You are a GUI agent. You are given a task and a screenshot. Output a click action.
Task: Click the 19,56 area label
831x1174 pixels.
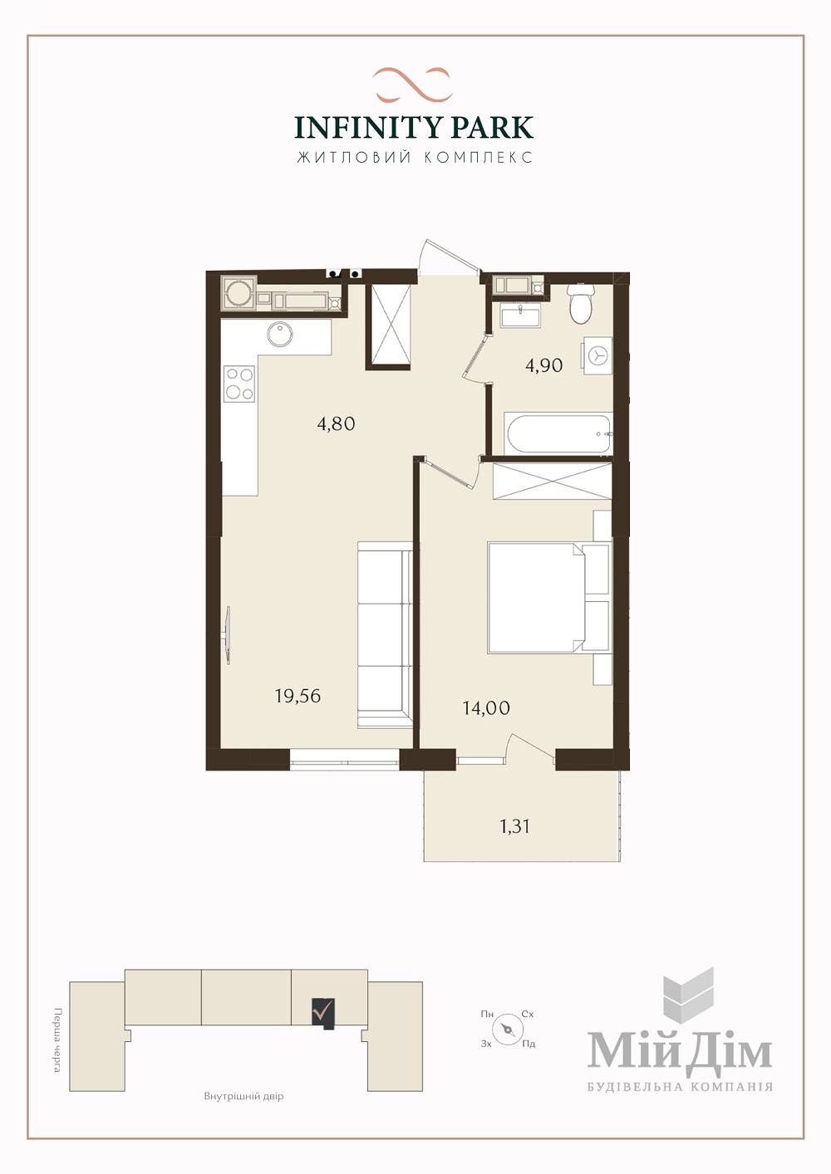click(297, 696)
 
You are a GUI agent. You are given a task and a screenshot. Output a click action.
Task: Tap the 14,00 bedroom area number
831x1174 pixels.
click(486, 708)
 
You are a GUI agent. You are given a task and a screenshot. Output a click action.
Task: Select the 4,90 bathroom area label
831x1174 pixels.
click(544, 364)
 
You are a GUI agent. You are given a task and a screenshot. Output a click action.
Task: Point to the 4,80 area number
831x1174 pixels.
click(337, 423)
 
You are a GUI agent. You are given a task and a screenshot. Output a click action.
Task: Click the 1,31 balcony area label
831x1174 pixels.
click(514, 826)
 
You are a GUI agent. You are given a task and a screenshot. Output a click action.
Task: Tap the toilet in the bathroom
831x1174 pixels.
click(580, 303)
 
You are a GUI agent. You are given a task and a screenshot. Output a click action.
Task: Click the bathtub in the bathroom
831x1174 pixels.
click(558, 433)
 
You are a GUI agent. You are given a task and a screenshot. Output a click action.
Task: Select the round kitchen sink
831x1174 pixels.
click(280, 335)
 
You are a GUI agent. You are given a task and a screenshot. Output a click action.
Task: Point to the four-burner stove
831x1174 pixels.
click(239, 384)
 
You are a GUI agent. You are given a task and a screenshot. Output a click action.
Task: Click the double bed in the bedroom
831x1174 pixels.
click(549, 598)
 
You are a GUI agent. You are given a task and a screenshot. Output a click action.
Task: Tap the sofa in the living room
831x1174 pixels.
click(385, 634)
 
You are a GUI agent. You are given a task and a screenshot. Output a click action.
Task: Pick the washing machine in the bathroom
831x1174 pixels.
click(597, 356)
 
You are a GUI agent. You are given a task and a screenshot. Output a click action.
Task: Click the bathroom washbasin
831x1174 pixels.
click(520, 316)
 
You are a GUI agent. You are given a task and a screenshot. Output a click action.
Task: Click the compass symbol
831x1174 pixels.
click(508, 1029)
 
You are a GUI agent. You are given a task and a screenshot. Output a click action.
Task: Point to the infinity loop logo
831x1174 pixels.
click(412, 85)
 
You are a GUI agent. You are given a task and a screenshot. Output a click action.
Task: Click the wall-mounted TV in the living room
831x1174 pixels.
click(229, 634)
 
